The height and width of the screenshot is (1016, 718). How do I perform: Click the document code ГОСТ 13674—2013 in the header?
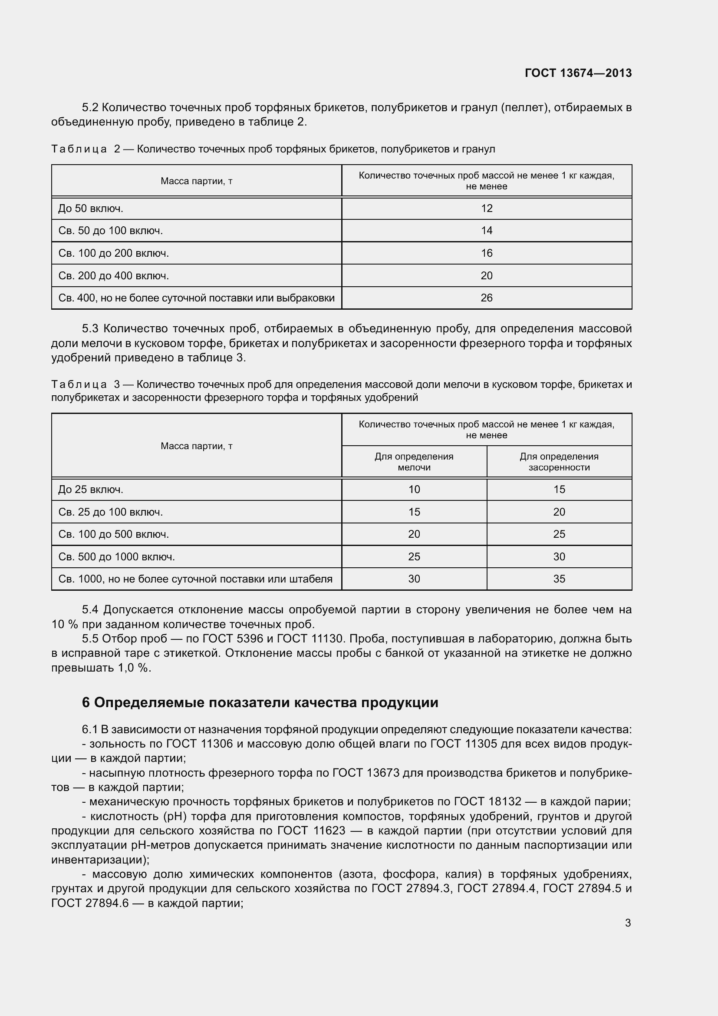578,73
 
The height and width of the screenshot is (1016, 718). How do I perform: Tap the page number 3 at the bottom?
628,923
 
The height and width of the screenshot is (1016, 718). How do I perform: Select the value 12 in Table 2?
486,208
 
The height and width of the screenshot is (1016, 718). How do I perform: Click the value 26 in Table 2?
486,298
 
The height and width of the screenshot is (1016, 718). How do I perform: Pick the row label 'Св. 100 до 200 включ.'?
114,253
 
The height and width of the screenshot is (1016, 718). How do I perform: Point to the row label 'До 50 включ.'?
91,208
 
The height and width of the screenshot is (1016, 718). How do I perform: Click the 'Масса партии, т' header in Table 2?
196,181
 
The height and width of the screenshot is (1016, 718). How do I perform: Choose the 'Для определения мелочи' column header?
414,462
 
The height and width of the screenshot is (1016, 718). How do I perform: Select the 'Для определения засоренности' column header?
559,462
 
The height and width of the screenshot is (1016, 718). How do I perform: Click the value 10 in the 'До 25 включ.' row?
414,490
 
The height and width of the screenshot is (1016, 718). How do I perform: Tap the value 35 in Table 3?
559,579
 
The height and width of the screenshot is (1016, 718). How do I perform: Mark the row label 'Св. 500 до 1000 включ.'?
117,557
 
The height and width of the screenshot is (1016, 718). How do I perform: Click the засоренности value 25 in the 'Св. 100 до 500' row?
559,534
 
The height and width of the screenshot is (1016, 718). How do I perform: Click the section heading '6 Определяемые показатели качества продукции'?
260,702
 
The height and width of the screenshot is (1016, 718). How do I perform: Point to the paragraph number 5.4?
90,610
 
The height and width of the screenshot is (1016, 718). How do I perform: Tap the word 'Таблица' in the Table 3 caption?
79,384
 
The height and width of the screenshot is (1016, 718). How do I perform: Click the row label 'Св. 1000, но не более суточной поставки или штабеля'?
195,579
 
